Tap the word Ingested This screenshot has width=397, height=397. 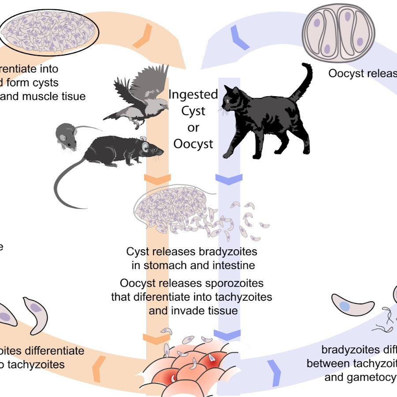[193, 94]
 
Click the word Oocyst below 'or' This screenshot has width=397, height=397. [193, 144]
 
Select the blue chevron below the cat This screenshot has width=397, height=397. [228, 179]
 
